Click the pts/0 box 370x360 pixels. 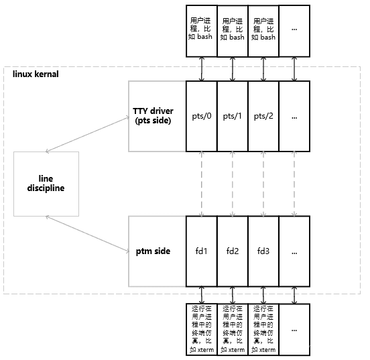click(202, 116)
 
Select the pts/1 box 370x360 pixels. click(233, 116)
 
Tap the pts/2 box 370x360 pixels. click(263, 116)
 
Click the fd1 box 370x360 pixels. click(202, 251)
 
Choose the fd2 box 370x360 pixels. click(233, 251)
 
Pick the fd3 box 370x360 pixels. click(263, 251)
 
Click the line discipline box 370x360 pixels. click(46, 184)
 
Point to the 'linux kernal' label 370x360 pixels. click(36, 74)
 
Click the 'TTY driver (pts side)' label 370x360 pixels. click(153, 116)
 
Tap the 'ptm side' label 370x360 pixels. click(153, 251)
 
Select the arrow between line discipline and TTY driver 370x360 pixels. click(88, 134)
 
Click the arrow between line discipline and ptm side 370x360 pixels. click(88, 234)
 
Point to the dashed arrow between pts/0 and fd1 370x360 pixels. click(202, 184)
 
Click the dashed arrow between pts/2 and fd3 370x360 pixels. click(263, 184)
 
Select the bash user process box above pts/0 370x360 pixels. click(202, 31)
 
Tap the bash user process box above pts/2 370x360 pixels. click(263, 31)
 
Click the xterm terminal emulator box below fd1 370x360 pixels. click(202, 329)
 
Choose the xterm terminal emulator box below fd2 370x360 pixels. click(233, 329)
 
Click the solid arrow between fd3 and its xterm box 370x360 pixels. click(263, 295)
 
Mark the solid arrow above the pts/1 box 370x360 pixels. click(233, 69)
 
